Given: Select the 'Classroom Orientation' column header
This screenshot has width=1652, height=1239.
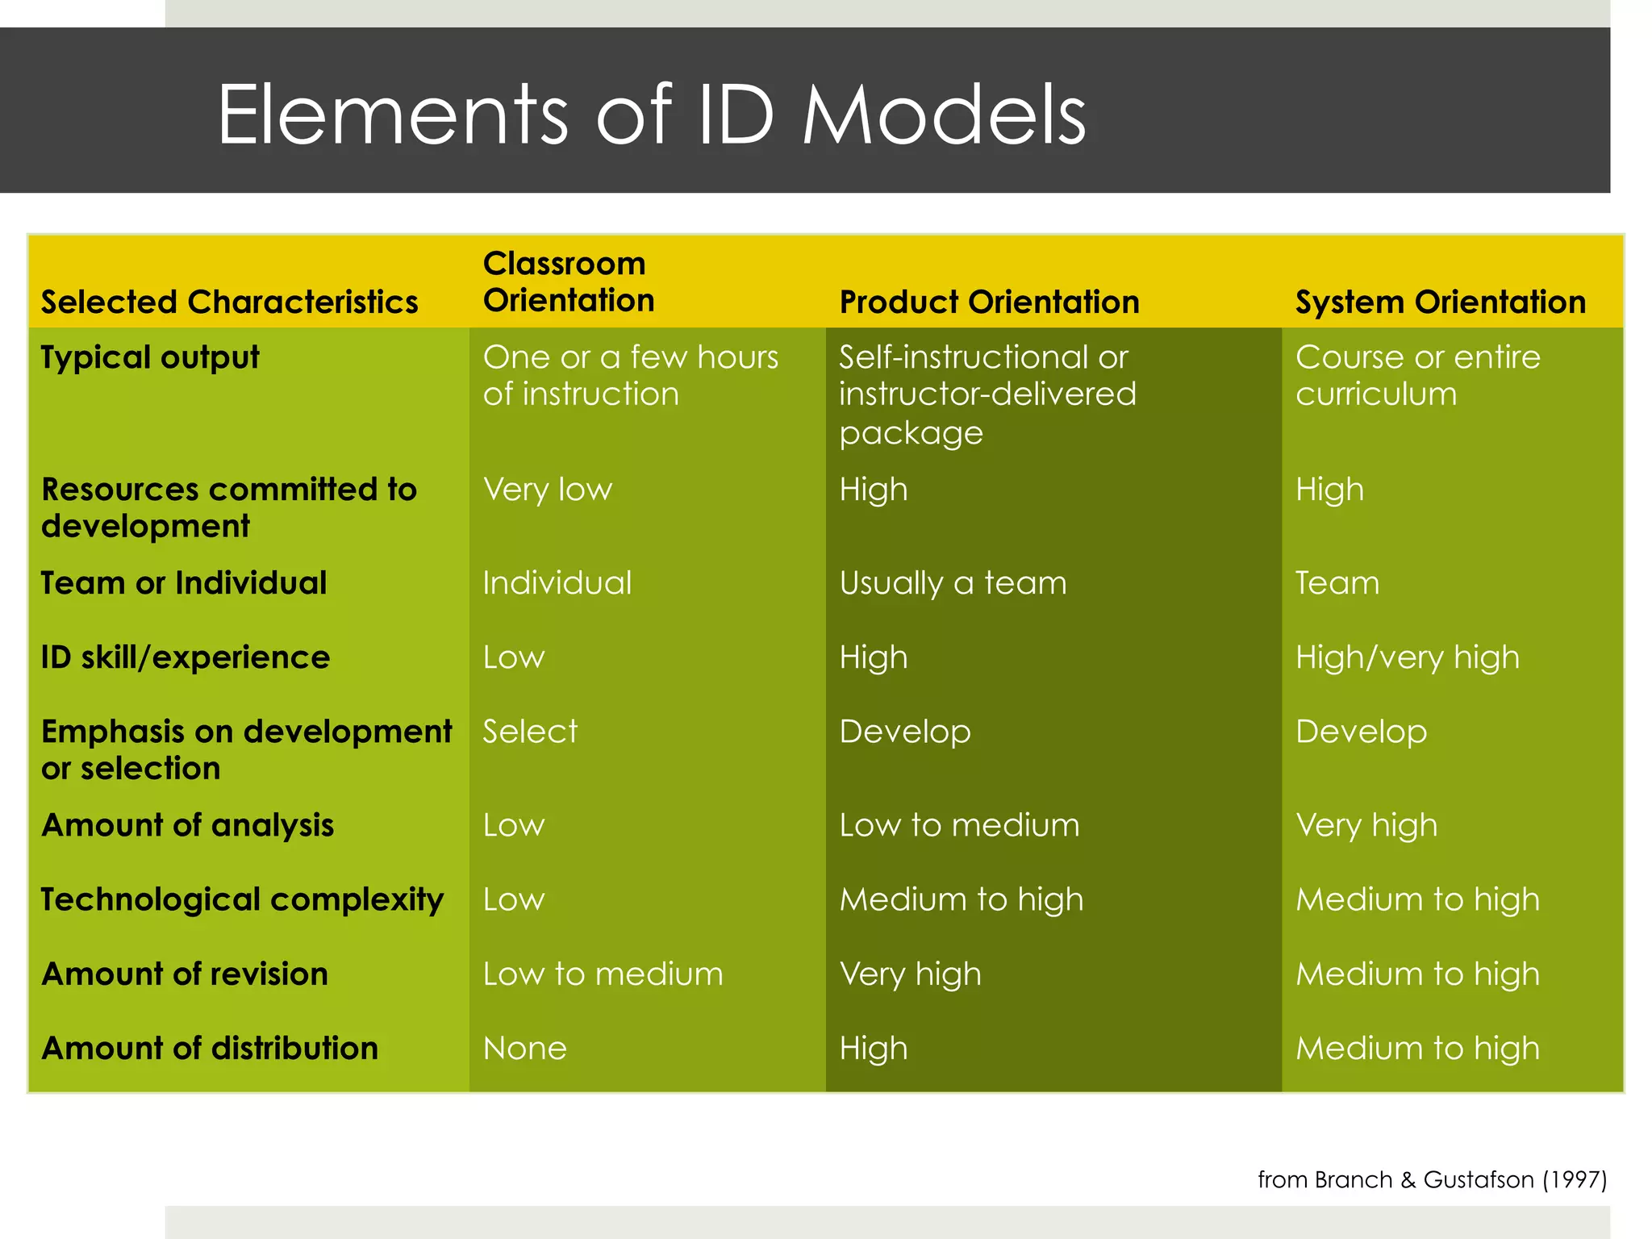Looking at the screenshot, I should pyautogui.click(x=568, y=282).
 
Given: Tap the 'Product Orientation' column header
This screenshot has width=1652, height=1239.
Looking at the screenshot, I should pyautogui.click(x=989, y=302).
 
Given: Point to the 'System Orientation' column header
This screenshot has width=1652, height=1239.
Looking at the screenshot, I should pyautogui.click(x=1440, y=302).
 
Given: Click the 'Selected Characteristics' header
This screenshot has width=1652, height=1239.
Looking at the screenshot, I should pyautogui.click(x=230, y=302).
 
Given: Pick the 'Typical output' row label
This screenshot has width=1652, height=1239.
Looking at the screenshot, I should pyautogui.click(x=150, y=357).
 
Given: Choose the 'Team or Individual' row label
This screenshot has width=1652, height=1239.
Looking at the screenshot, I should pyautogui.click(x=184, y=582).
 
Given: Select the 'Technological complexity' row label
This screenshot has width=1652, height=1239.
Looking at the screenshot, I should pyautogui.click(x=242, y=899).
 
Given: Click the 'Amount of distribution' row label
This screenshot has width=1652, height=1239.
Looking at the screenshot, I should pyautogui.click(x=210, y=1048).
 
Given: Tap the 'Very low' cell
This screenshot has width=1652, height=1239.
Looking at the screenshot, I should pyautogui.click(x=548, y=490).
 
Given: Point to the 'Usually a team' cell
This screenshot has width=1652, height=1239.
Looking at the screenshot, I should pyautogui.click(x=953, y=582).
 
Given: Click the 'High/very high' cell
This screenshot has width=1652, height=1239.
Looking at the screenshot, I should pyautogui.click(x=1407, y=657).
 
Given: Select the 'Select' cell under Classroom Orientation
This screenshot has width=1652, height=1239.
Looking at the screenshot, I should pyautogui.click(x=530, y=732).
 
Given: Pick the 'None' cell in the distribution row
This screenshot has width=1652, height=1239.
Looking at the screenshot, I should pyautogui.click(x=524, y=1048).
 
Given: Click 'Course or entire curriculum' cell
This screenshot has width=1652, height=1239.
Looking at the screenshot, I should pyautogui.click(x=1417, y=375).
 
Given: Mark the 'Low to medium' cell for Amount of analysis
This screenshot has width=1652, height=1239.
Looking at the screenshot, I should pyautogui.click(x=958, y=825).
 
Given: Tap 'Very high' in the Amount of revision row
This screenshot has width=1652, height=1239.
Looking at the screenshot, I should pyautogui.click(x=910, y=974).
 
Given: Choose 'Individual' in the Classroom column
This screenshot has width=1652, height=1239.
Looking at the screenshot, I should pyautogui.click(x=557, y=582).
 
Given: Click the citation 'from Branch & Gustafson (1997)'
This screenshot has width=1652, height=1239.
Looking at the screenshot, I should pyautogui.click(x=1432, y=1179).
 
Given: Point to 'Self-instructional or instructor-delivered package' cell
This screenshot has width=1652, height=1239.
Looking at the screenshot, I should pyautogui.click(x=987, y=394).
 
